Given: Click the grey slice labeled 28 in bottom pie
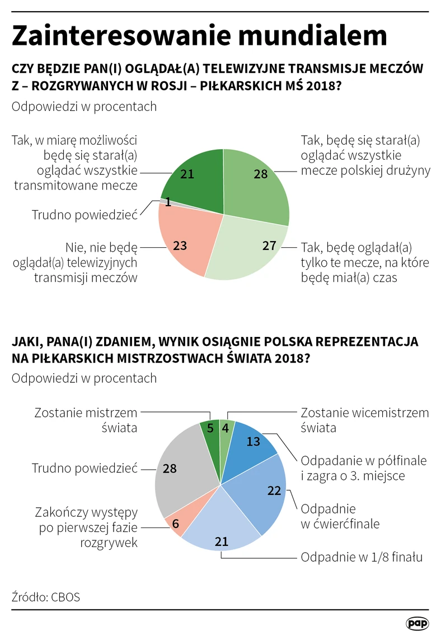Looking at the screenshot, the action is coord(179,473).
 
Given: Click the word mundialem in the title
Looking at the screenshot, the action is coord(312,35).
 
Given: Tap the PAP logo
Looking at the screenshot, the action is coord(417,623).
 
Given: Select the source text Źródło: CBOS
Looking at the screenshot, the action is coord(45,597).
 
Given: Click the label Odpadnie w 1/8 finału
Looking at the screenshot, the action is coord(362,557).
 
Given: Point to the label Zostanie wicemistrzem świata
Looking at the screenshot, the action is coord(365,420).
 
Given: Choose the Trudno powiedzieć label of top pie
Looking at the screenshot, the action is coord(85,215).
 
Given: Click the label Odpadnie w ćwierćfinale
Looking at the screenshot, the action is coord(340,516).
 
